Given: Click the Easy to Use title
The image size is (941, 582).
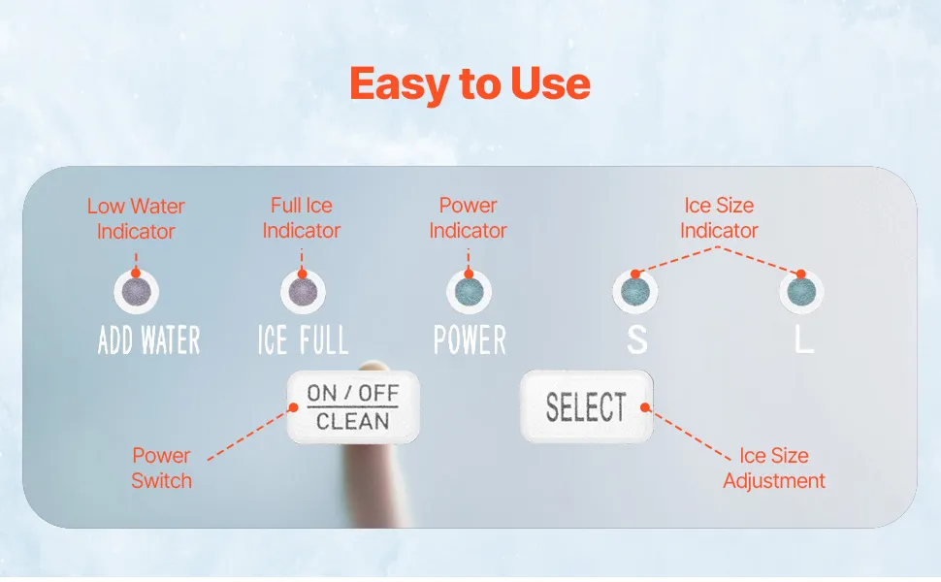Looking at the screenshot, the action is click(470, 84).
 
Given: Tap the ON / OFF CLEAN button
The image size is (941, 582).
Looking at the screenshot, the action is click(353, 406).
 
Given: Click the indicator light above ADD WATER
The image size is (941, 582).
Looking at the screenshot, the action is click(136, 292).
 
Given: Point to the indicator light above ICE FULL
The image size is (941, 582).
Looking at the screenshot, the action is click(303, 292).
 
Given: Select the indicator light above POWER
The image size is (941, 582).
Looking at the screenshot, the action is click(469, 292).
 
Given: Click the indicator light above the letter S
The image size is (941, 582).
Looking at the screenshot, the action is click(635, 292).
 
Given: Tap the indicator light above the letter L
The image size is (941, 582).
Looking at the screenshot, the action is click(801, 292).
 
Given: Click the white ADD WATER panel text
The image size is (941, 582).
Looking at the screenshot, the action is click(148, 340).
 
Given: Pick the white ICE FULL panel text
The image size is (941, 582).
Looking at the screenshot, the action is click(303, 340).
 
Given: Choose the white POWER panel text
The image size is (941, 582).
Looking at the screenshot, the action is click(470, 340).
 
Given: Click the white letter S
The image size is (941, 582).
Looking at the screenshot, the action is click(636, 340).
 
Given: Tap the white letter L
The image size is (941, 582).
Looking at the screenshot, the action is click(804, 340).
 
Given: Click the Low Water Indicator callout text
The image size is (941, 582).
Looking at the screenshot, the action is click(136, 218).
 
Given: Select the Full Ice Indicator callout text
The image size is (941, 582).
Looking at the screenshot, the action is click(302, 218).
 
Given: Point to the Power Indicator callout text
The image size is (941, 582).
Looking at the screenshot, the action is click(469, 218).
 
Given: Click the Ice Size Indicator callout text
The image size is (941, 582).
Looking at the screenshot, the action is click(719, 218).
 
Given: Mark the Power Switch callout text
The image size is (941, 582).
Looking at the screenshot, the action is click(161, 468).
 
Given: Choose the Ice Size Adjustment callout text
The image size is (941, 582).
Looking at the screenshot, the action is click(774, 468).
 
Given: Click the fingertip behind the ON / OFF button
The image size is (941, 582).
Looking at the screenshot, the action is click(373, 366).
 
